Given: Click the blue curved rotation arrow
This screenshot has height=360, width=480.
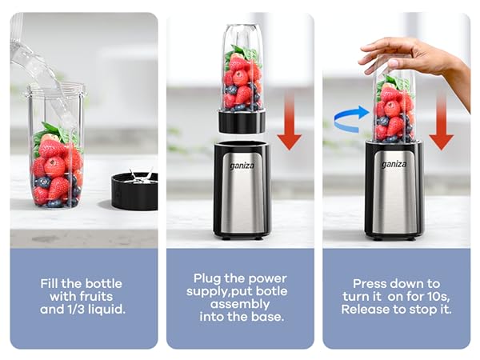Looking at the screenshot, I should [350, 119].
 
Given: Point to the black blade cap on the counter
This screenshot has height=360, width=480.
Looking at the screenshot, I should [134, 190].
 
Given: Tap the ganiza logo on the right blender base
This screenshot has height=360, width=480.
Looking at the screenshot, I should [394, 164].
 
